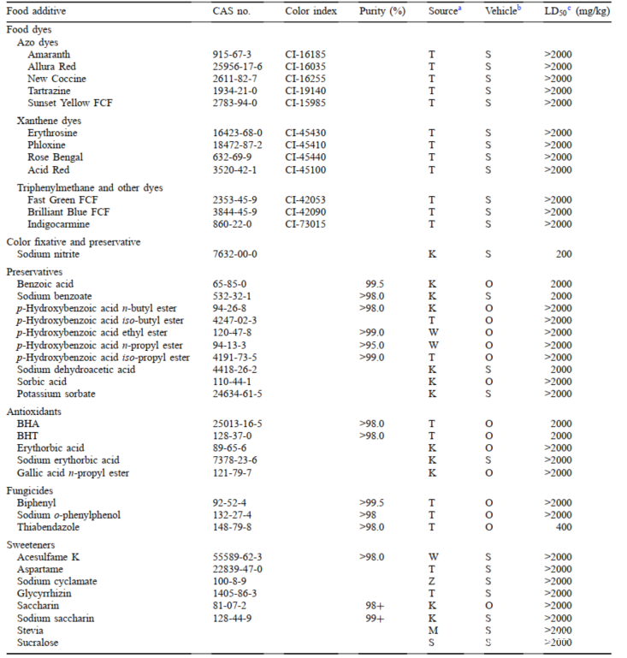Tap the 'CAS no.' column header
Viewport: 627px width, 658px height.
[232, 13]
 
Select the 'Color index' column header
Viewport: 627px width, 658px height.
[311, 13]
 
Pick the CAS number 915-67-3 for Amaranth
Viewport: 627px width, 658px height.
[232, 55]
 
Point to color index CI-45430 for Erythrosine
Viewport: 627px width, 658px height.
[306, 133]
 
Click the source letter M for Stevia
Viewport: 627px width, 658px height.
[432, 630]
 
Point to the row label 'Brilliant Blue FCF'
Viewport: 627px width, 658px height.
[69, 212]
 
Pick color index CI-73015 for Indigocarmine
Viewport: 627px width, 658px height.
[306, 224]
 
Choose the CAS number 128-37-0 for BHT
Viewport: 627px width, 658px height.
[232, 436]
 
